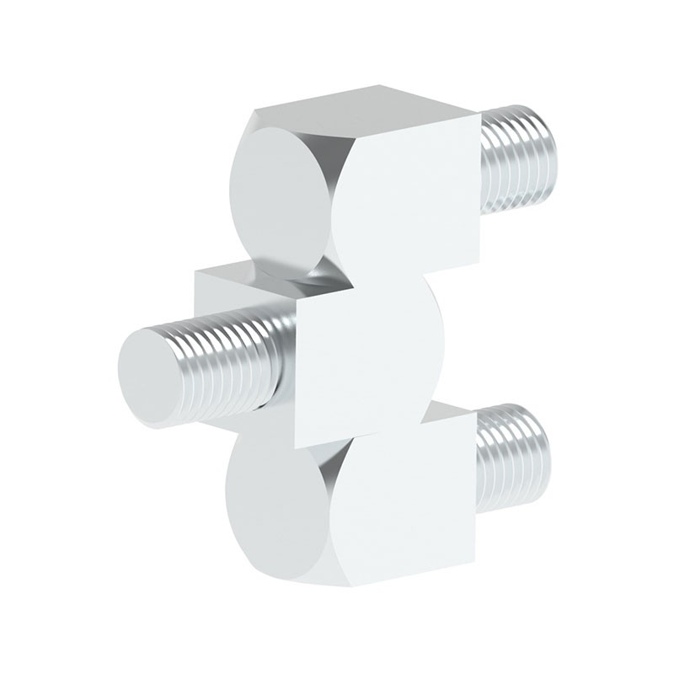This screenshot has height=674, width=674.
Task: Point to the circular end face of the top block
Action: coord(279,198)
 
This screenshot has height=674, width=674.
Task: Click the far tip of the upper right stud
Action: coord(551,160)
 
